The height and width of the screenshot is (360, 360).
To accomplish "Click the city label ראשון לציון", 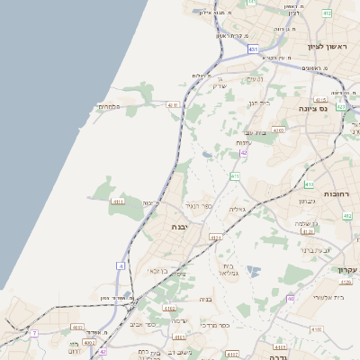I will coord(327,46).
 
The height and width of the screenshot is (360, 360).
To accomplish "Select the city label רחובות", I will coord(341,193).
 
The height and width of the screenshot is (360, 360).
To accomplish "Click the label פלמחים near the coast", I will coord(110,107).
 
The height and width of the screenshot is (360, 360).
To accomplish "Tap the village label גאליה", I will coord(238,209).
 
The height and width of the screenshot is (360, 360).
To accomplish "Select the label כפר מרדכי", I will coord(215,324).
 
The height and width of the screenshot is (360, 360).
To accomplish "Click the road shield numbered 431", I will coord(254,49).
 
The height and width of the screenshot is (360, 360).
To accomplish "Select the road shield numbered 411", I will coord(234,176).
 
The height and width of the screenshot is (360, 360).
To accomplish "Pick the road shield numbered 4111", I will coord(118,202).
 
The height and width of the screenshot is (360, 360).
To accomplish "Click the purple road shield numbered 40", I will coord(290,298).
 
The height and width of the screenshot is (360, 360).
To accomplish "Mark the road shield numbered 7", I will coord(34,333).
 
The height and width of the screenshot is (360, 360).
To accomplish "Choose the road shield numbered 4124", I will coord(215,237).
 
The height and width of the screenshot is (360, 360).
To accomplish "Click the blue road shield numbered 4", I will coord(121,265).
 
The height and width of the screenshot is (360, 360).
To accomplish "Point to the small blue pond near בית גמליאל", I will coord(251,270).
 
